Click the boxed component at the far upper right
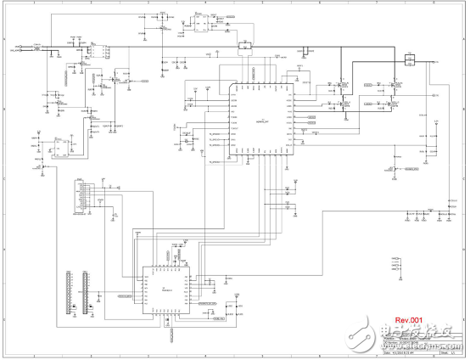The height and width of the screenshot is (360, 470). (x=409, y=58)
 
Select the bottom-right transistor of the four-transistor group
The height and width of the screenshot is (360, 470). (x=393, y=104)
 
